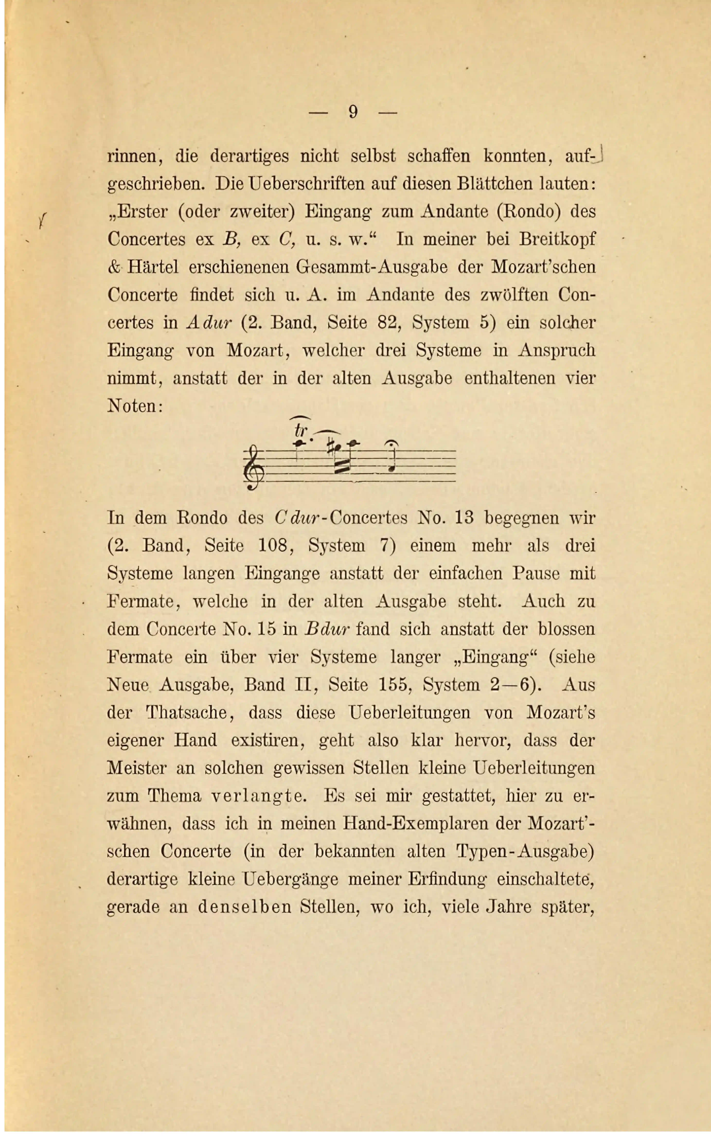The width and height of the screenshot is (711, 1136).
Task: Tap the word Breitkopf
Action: tap(557, 239)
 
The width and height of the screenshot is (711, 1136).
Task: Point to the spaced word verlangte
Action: tap(258, 796)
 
